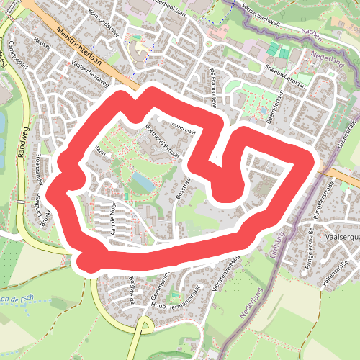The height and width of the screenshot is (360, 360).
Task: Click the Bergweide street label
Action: pyautogui.click(x=132, y=289)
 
